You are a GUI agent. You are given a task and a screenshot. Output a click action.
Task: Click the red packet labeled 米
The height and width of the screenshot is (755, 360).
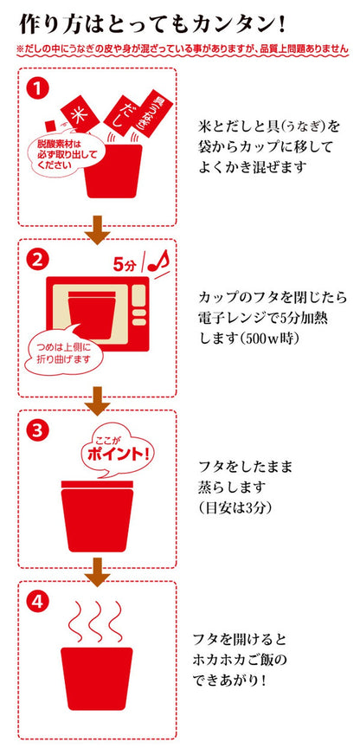80,114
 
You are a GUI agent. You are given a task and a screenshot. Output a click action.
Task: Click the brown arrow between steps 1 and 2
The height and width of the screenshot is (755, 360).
98,229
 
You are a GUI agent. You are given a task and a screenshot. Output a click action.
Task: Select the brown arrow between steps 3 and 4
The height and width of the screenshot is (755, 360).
98,571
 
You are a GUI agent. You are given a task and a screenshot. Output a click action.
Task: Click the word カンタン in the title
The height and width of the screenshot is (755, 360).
228,24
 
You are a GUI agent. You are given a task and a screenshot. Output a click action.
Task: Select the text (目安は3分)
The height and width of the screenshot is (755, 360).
235,507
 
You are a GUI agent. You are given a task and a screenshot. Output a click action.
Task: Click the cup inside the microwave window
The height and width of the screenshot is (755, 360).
91,313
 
